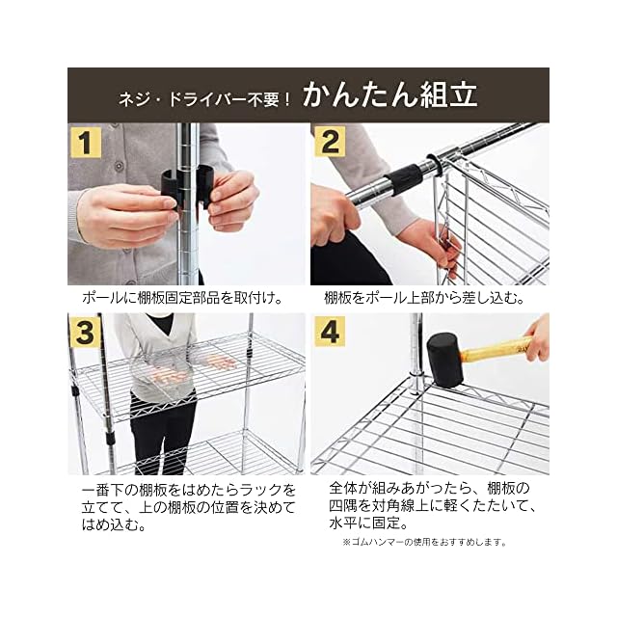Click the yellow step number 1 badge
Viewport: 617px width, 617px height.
tap(85, 142)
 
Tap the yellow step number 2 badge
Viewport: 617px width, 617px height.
tap(330, 142)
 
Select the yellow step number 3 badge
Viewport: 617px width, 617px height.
tap(85, 332)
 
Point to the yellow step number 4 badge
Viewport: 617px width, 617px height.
tap(330, 332)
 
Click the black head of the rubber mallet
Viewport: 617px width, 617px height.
tap(444, 360)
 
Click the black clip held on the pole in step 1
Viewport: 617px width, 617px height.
tap(186, 186)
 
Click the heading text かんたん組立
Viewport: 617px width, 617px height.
tap(389, 94)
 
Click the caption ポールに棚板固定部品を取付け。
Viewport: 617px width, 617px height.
tap(182, 298)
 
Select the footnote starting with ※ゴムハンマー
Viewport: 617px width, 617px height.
tap(425, 542)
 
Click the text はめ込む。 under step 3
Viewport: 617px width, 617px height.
tap(114, 524)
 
